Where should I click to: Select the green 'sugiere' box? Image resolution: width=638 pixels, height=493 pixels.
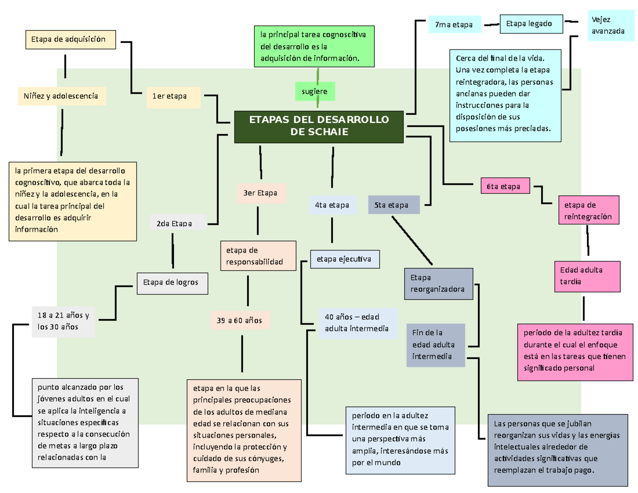click(x=315, y=91)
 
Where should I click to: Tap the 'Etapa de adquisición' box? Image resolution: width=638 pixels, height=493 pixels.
click(x=70, y=39)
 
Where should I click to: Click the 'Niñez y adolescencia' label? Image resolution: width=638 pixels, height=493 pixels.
click(x=61, y=96)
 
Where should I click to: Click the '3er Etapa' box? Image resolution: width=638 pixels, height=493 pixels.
click(x=261, y=193)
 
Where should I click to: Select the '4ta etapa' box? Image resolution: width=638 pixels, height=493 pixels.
click(x=332, y=205)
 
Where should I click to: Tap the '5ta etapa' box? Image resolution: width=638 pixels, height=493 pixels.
click(x=393, y=205)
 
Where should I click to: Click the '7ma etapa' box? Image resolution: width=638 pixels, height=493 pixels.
click(x=454, y=25)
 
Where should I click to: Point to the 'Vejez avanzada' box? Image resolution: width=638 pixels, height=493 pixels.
click(x=610, y=25)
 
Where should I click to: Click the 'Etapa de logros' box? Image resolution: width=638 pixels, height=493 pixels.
click(x=173, y=283)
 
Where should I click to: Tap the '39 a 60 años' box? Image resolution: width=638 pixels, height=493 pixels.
click(x=240, y=320)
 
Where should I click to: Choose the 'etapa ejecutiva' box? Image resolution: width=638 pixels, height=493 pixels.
click(x=344, y=259)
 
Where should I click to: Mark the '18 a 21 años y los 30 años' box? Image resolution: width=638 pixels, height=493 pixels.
click(x=63, y=321)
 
